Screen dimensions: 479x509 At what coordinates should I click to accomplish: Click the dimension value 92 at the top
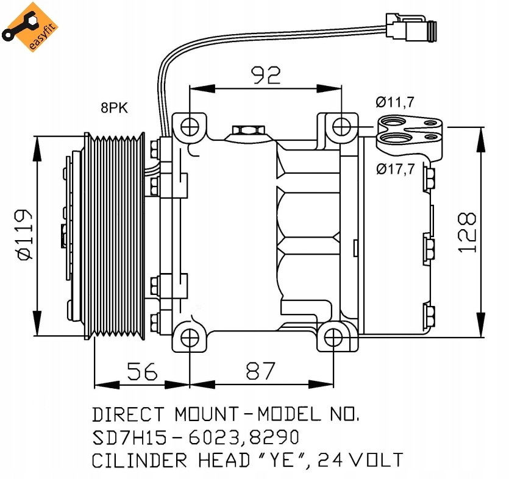[x=266, y=75]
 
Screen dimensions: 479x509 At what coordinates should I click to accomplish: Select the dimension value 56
[x=142, y=370]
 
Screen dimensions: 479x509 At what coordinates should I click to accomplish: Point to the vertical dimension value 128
[x=467, y=233]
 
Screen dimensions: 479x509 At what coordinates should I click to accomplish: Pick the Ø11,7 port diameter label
[x=395, y=102]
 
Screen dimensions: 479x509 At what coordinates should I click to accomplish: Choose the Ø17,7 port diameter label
[x=395, y=169]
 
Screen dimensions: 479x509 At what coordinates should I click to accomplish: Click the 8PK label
[x=115, y=108]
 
